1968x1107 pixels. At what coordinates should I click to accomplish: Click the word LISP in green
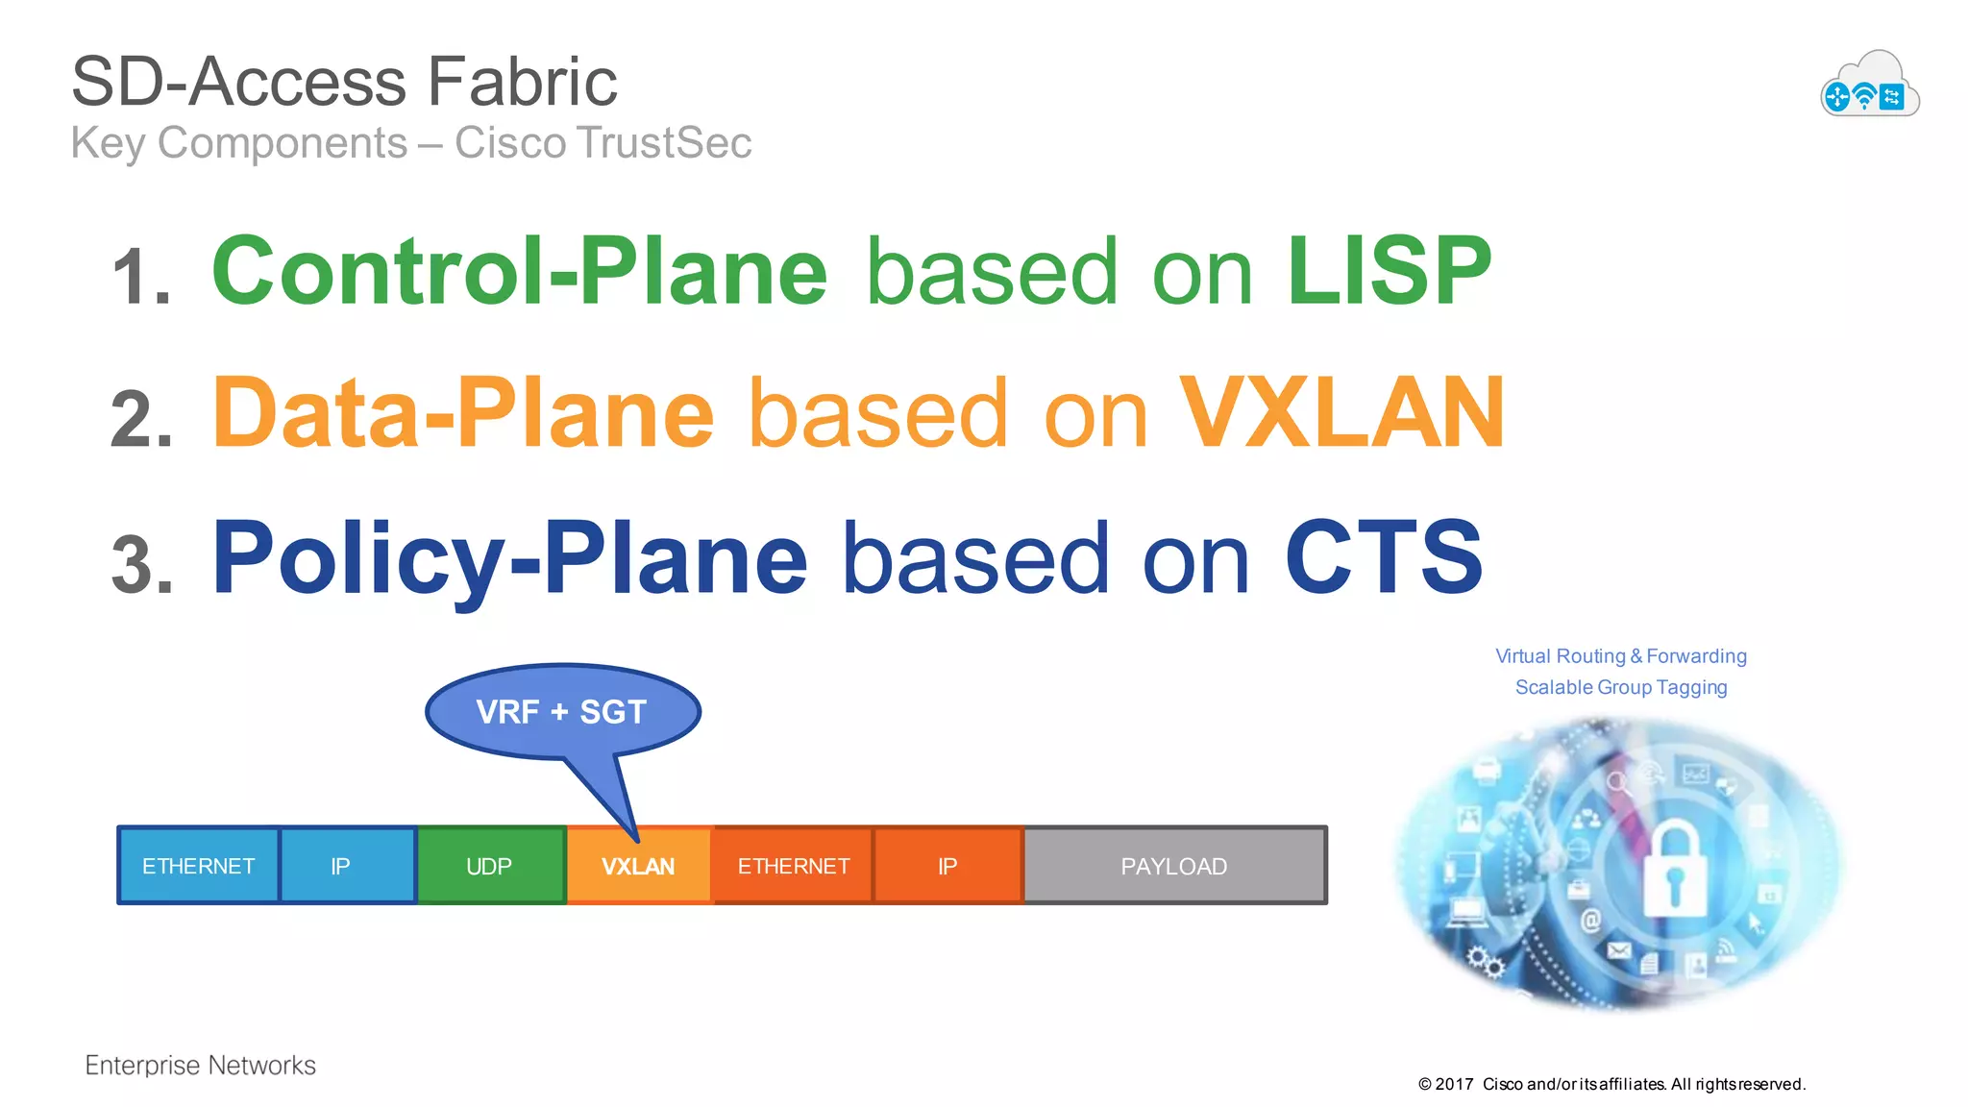1389,272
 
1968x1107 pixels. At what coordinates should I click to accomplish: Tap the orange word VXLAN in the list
1341,414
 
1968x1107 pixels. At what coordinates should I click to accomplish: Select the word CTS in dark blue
1384,557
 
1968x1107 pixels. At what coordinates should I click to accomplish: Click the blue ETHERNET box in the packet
198,866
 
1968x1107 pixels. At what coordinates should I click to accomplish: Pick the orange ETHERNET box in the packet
793,866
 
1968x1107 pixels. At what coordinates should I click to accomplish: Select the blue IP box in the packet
340,866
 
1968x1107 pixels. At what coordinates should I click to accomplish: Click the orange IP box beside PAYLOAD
947,866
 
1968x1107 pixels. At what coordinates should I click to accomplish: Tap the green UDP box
489,866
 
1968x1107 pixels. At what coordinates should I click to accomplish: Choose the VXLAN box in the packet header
638,866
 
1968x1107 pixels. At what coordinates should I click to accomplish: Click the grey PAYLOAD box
1174,866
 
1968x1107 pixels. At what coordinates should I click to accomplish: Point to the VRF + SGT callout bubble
562,712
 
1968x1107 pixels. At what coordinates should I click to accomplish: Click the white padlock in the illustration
1674,870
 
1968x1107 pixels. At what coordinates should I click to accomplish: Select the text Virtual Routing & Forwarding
1621,656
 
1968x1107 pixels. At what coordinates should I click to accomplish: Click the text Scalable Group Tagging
1621,687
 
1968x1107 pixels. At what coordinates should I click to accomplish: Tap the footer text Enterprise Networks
200,1065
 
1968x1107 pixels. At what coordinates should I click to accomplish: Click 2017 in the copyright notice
1454,1084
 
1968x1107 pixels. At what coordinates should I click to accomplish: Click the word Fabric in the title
522,82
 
